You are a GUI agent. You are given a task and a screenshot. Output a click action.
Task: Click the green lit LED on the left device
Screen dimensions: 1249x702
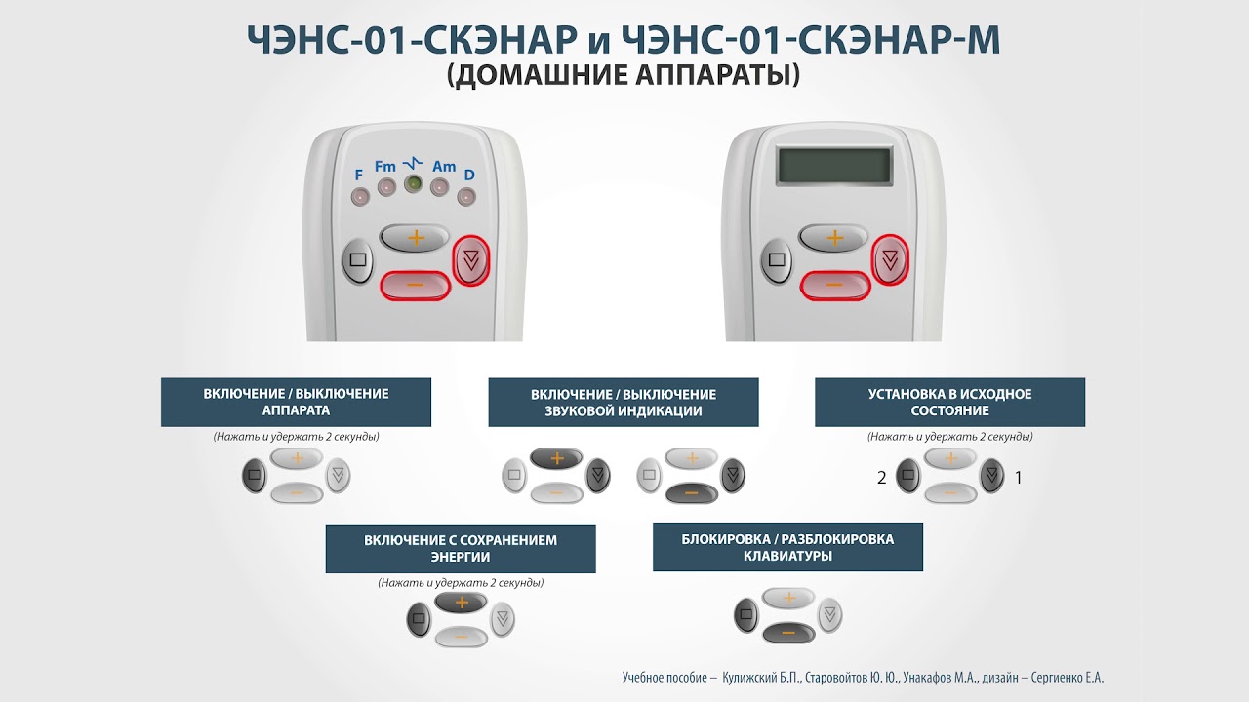[413, 183]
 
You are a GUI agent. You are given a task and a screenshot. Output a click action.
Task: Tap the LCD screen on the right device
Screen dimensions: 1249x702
[834, 166]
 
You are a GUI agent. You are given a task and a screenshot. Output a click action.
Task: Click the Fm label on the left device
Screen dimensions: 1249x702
[385, 166]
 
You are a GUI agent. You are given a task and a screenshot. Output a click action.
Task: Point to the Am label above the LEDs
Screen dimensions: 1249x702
[444, 166]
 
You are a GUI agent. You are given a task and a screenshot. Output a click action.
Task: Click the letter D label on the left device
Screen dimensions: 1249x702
[469, 175]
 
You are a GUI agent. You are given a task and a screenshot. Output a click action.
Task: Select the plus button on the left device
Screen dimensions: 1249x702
[415, 239]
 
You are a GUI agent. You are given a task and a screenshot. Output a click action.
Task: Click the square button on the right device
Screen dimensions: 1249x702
[777, 260]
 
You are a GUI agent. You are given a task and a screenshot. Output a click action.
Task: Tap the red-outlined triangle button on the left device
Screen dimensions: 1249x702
[471, 260]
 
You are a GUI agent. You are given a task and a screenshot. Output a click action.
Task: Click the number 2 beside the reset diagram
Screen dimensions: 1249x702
[881, 478]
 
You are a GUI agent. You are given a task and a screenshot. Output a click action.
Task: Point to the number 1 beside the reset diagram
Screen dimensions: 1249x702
[1018, 478]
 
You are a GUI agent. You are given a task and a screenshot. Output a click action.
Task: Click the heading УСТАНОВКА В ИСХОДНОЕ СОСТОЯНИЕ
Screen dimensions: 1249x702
[949, 403]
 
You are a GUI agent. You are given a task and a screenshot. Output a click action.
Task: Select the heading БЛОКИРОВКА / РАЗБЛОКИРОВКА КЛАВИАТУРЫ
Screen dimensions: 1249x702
[787, 547]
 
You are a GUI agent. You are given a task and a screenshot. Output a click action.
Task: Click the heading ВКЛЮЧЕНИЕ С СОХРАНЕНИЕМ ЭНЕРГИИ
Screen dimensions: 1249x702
[461, 548]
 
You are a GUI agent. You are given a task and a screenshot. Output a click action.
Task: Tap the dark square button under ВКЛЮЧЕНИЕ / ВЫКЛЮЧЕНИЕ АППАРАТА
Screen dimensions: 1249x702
[255, 475]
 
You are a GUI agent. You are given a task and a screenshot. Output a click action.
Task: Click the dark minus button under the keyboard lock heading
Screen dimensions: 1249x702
[788, 633]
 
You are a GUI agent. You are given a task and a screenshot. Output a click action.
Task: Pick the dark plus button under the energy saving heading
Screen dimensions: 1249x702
[462, 603]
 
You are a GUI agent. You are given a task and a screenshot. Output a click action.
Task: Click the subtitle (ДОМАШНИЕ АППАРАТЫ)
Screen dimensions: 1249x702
[624, 75]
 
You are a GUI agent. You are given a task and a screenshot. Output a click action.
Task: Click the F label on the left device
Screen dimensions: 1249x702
[358, 175]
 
